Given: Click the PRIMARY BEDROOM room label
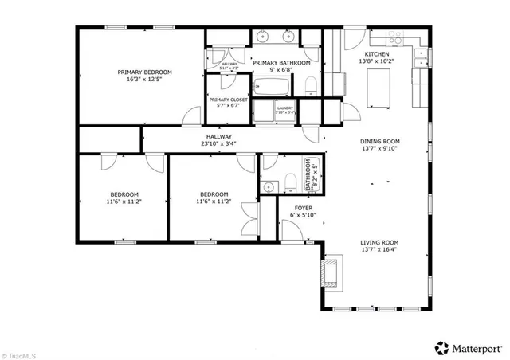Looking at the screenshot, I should (139, 72).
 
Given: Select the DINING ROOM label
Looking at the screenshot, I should (379, 141).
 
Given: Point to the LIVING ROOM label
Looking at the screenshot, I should (379, 242).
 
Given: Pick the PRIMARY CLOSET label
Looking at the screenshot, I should (228, 100).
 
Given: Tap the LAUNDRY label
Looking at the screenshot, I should (285, 108).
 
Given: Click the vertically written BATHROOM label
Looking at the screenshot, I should (307, 175).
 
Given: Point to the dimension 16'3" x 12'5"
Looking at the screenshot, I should (139, 80).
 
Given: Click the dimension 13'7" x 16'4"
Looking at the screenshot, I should (379, 250).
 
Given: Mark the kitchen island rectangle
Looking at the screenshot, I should (376, 87).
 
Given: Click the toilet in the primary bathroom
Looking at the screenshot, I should (313, 85).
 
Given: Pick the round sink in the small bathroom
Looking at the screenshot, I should (269, 187).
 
